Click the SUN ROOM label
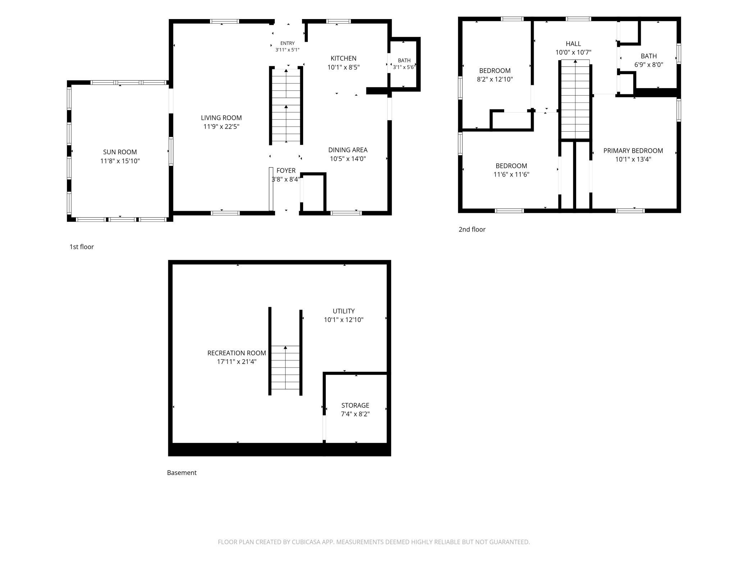tap(120, 152)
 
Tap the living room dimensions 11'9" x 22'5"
tap(221, 127)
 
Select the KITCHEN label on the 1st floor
tap(343, 58)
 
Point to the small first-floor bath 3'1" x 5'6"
tap(404, 64)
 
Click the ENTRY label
tap(287, 43)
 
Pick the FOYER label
tap(286, 170)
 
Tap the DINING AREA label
tap(348, 150)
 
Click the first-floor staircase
tap(286, 106)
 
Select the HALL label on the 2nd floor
tap(573, 44)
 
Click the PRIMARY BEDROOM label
tap(633, 151)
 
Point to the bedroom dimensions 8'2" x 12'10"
tap(495, 79)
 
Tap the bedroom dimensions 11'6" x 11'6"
tap(511, 175)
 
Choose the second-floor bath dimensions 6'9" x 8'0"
tap(649, 65)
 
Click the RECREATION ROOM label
tap(237, 353)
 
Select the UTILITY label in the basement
tap(343, 311)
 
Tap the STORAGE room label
tap(355, 405)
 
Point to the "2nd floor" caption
tap(472, 229)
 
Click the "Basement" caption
tap(182, 473)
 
